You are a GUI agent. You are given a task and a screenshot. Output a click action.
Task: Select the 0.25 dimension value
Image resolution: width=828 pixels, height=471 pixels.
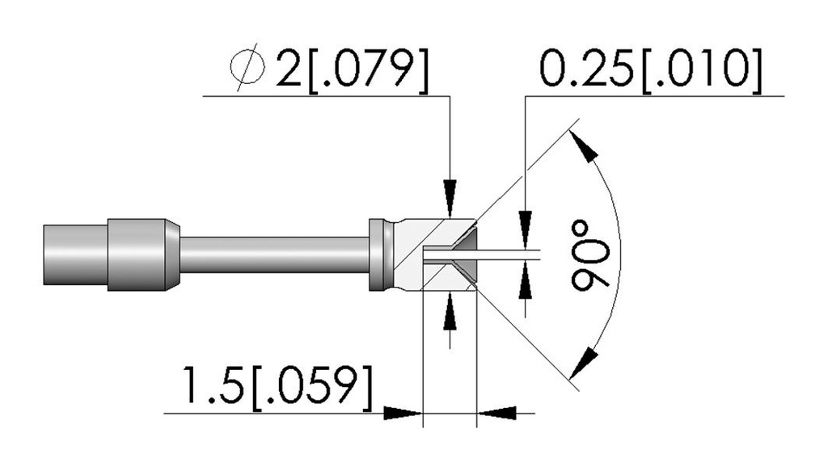click(x=585, y=68)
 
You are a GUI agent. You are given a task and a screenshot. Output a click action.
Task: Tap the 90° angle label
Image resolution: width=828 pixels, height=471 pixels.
click(x=589, y=256)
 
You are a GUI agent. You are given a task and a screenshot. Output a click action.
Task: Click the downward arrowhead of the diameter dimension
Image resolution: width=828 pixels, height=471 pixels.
click(x=450, y=198)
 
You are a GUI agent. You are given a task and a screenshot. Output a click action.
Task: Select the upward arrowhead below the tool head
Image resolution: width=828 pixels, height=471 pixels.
click(x=450, y=311)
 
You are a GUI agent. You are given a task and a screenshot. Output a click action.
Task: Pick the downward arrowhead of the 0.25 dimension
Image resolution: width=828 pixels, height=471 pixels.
click(x=525, y=229)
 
